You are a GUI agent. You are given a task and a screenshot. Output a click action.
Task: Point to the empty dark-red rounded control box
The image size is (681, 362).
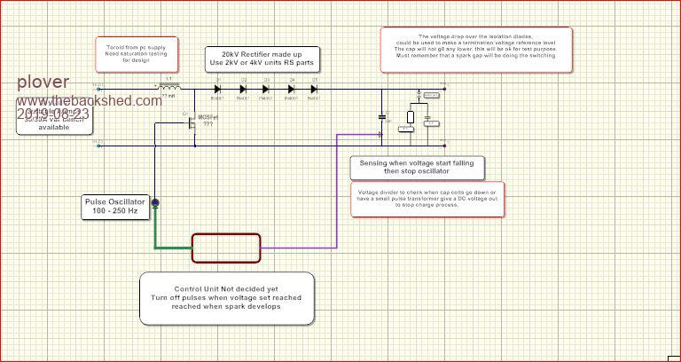(x=226, y=248)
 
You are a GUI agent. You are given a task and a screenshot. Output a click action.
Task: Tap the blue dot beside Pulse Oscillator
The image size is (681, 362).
(x=155, y=203)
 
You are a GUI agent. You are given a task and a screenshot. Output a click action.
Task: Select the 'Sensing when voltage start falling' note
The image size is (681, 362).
(x=403, y=167)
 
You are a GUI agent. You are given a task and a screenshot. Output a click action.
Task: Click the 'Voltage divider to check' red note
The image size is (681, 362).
(x=429, y=200)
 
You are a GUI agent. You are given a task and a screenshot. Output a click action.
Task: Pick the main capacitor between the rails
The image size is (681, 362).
(x=382, y=117)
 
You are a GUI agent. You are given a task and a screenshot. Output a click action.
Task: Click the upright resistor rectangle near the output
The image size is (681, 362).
(x=411, y=116)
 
